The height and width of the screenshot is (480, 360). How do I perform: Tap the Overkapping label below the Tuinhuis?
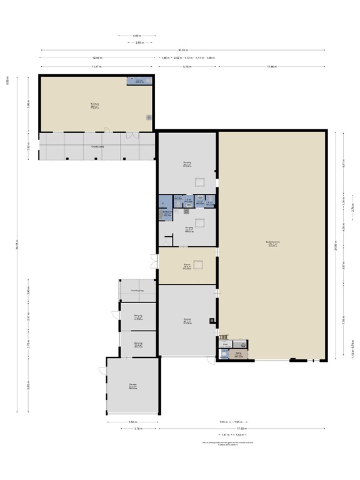pyautogui.click(x=97, y=147)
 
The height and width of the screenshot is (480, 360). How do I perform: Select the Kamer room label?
pyautogui.click(x=186, y=265)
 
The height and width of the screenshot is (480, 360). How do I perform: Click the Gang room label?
pyautogui.click(x=238, y=355)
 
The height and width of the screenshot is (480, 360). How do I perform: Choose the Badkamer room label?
pyautogui.click(x=167, y=213)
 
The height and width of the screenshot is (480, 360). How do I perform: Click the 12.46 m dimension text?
pyautogui.click(x=97, y=57)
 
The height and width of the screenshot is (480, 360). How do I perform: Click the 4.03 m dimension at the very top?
pyautogui.click(x=137, y=36)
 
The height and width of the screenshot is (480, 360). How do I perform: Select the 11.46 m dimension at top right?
pyautogui.click(x=271, y=66)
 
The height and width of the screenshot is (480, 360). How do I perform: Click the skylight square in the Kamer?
pyautogui.click(x=200, y=265)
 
